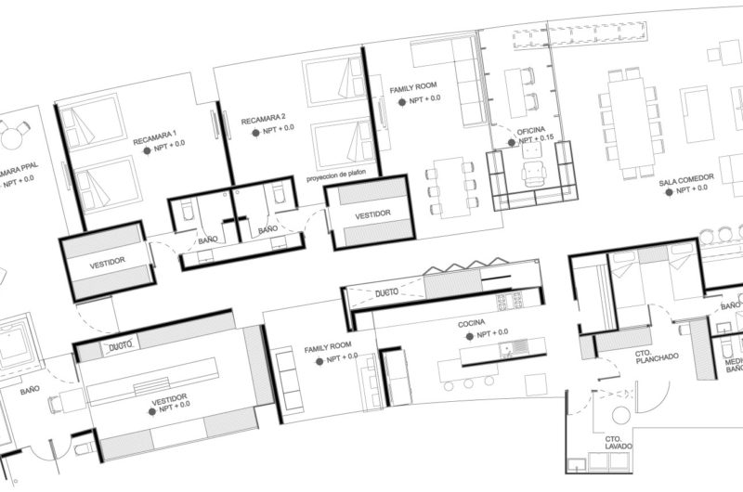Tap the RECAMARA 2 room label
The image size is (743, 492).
point(263,120)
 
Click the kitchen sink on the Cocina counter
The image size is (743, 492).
point(510,349)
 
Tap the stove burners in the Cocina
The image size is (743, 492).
point(509,301)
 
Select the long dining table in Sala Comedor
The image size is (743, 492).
point(630,123)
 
